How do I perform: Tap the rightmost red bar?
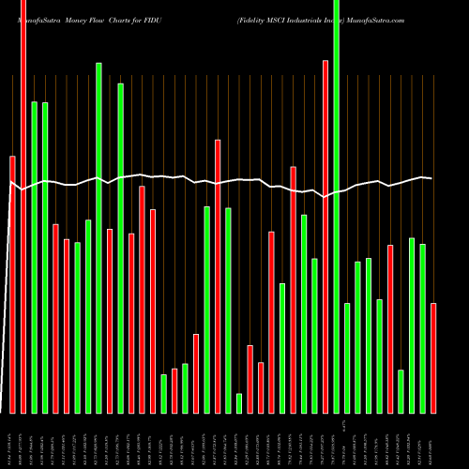coord(433,357)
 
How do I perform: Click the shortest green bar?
coord(239,403)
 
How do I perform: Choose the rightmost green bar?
coord(423,328)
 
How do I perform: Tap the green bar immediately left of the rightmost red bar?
coord(423,328)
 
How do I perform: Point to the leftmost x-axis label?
coord(12,441)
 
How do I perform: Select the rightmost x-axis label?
coord(432,441)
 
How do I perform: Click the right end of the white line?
coord(431,178)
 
